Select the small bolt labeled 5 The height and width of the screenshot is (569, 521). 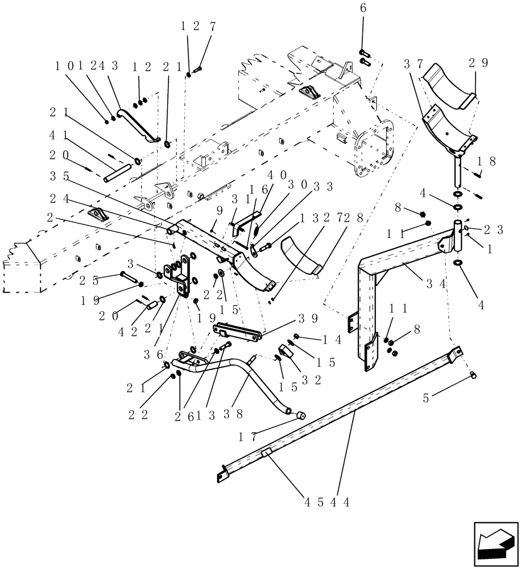click(x=473, y=375)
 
